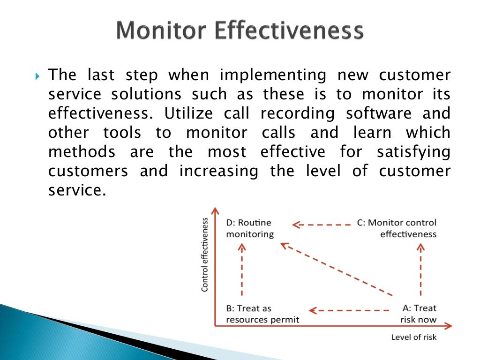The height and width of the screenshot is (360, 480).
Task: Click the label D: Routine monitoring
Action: coord(249,228)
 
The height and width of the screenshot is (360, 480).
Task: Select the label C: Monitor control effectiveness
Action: coord(396,228)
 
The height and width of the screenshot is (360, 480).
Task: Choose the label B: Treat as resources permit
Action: coord(262,314)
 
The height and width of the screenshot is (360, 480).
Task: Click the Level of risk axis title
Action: coord(413,337)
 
